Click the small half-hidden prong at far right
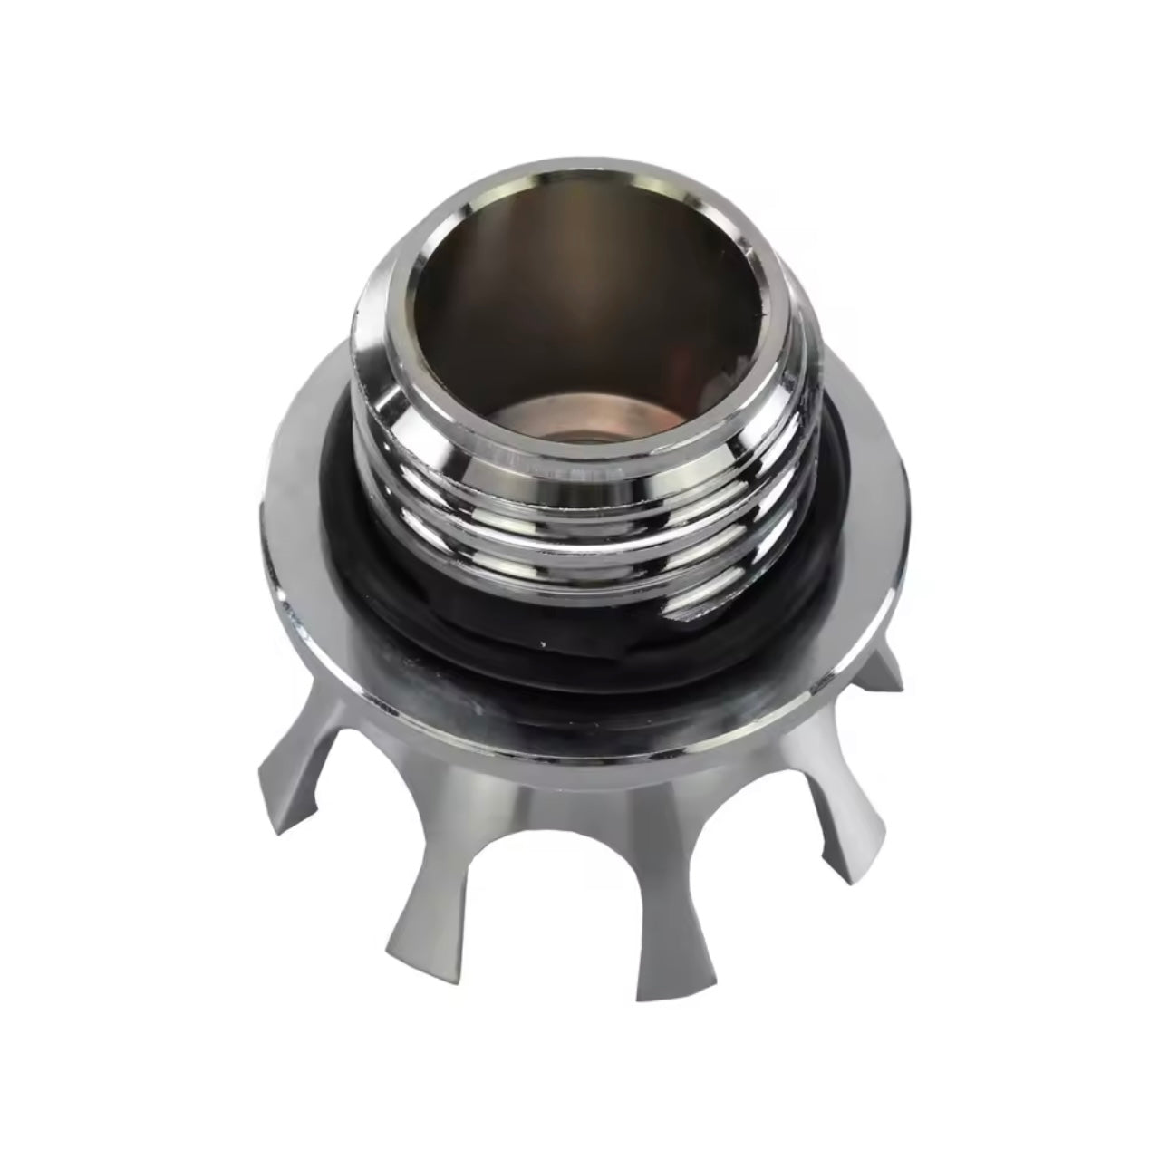[884, 666]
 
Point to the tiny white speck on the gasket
[542, 644]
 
